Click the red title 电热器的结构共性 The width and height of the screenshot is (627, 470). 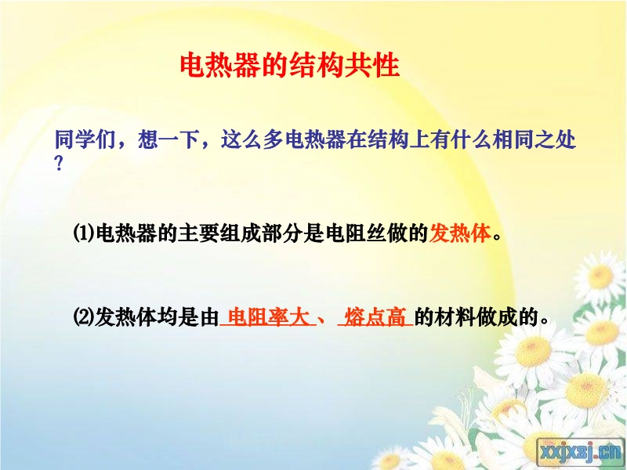click(289, 65)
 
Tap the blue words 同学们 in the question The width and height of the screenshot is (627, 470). click(85, 140)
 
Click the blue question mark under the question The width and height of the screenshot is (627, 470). click(59, 164)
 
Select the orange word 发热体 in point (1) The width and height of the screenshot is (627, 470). click(460, 233)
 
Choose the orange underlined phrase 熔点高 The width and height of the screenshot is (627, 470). click(375, 317)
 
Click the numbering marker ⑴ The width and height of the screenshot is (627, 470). click(84, 233)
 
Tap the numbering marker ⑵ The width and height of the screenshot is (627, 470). click(84, 317)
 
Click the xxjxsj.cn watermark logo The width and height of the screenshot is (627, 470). click(581, 453)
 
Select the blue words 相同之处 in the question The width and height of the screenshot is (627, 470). click(535, 140)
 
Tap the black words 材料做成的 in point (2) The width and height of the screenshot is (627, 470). click(486, 317)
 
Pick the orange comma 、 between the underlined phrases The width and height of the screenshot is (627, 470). click(322, 320)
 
